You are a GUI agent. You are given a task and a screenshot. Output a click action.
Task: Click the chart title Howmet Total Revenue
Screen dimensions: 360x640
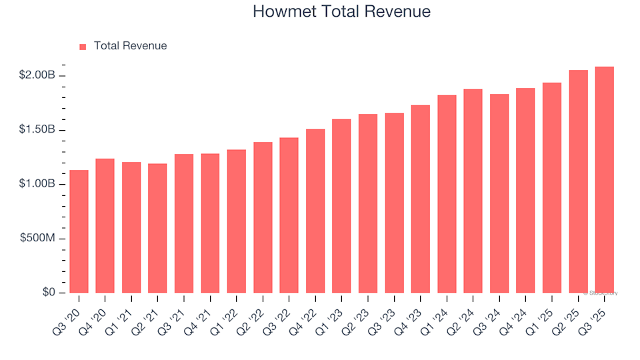341,12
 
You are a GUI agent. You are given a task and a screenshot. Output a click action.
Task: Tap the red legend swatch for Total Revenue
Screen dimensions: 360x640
83,47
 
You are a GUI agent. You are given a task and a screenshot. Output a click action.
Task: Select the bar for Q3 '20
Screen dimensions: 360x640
79,231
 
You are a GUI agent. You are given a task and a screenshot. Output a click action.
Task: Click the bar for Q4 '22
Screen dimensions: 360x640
315,211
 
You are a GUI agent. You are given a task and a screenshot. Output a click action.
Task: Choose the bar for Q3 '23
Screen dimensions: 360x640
394,203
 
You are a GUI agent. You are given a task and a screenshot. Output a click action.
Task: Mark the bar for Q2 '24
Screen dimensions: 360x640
473,191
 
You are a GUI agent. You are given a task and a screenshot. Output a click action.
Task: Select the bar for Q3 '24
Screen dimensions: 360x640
499,193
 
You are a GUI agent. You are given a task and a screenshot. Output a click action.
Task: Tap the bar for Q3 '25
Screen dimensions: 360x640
604,179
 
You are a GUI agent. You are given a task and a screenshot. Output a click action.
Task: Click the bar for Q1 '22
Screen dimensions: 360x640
237,221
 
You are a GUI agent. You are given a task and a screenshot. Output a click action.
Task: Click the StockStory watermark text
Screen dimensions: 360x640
601,293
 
